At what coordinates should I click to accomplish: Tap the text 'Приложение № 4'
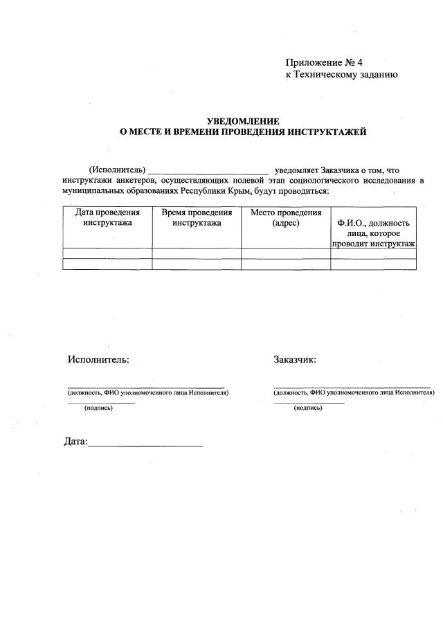click(324, 64)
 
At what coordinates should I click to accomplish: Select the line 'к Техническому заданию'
click(342, 75)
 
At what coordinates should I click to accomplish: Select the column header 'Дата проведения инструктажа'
click(107, 218)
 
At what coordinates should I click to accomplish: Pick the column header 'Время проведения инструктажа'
click(197, 218)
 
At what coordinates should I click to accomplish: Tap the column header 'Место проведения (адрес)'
click(286, 218)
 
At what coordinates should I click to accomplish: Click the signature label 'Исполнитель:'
click(98, 360)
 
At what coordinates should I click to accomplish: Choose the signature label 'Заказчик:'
click(295, 360)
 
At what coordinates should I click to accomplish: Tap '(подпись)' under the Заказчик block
click(308, 408)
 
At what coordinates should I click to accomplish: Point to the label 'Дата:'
click(75, 442)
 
